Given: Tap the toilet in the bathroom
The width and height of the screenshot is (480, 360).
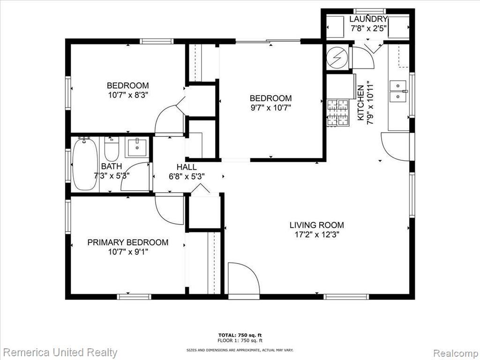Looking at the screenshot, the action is pos(112,149).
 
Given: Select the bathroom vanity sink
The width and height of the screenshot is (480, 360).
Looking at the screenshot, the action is pos(137,147).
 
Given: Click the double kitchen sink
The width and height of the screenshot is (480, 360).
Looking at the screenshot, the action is pos(398,91).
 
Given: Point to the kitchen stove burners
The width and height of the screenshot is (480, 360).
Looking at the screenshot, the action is pos(338,112).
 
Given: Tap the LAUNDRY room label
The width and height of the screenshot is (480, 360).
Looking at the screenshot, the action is pos(368,19).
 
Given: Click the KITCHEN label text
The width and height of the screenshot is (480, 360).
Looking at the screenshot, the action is pos(361,103).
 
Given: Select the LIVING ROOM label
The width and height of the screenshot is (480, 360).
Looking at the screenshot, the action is pos(317,225).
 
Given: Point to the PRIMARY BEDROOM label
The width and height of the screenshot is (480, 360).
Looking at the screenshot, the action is pos(128,242).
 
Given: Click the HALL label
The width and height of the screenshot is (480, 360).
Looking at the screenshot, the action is pos(187,167).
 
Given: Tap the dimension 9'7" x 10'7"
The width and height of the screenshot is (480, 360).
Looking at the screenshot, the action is pos(270,108).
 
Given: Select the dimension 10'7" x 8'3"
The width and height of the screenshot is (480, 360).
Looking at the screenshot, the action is pos(128,95).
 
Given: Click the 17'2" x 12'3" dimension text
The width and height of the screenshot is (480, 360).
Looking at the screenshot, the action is pos(317,235).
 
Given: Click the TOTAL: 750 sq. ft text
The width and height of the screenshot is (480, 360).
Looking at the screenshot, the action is pos(240,335).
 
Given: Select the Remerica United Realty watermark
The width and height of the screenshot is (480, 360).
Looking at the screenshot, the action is pos(60,352).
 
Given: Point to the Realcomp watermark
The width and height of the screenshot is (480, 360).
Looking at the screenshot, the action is pos(455,353).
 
